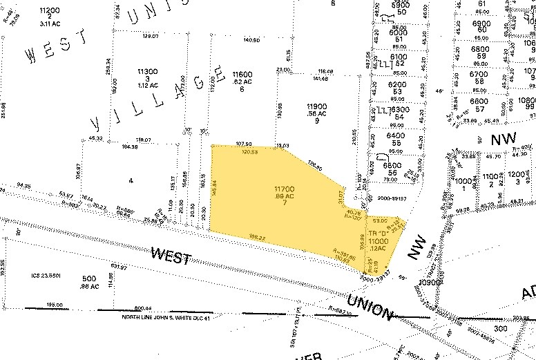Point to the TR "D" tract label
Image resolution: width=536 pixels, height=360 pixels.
tap(377, 234)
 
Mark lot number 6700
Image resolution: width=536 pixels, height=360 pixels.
tap(479, 74)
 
